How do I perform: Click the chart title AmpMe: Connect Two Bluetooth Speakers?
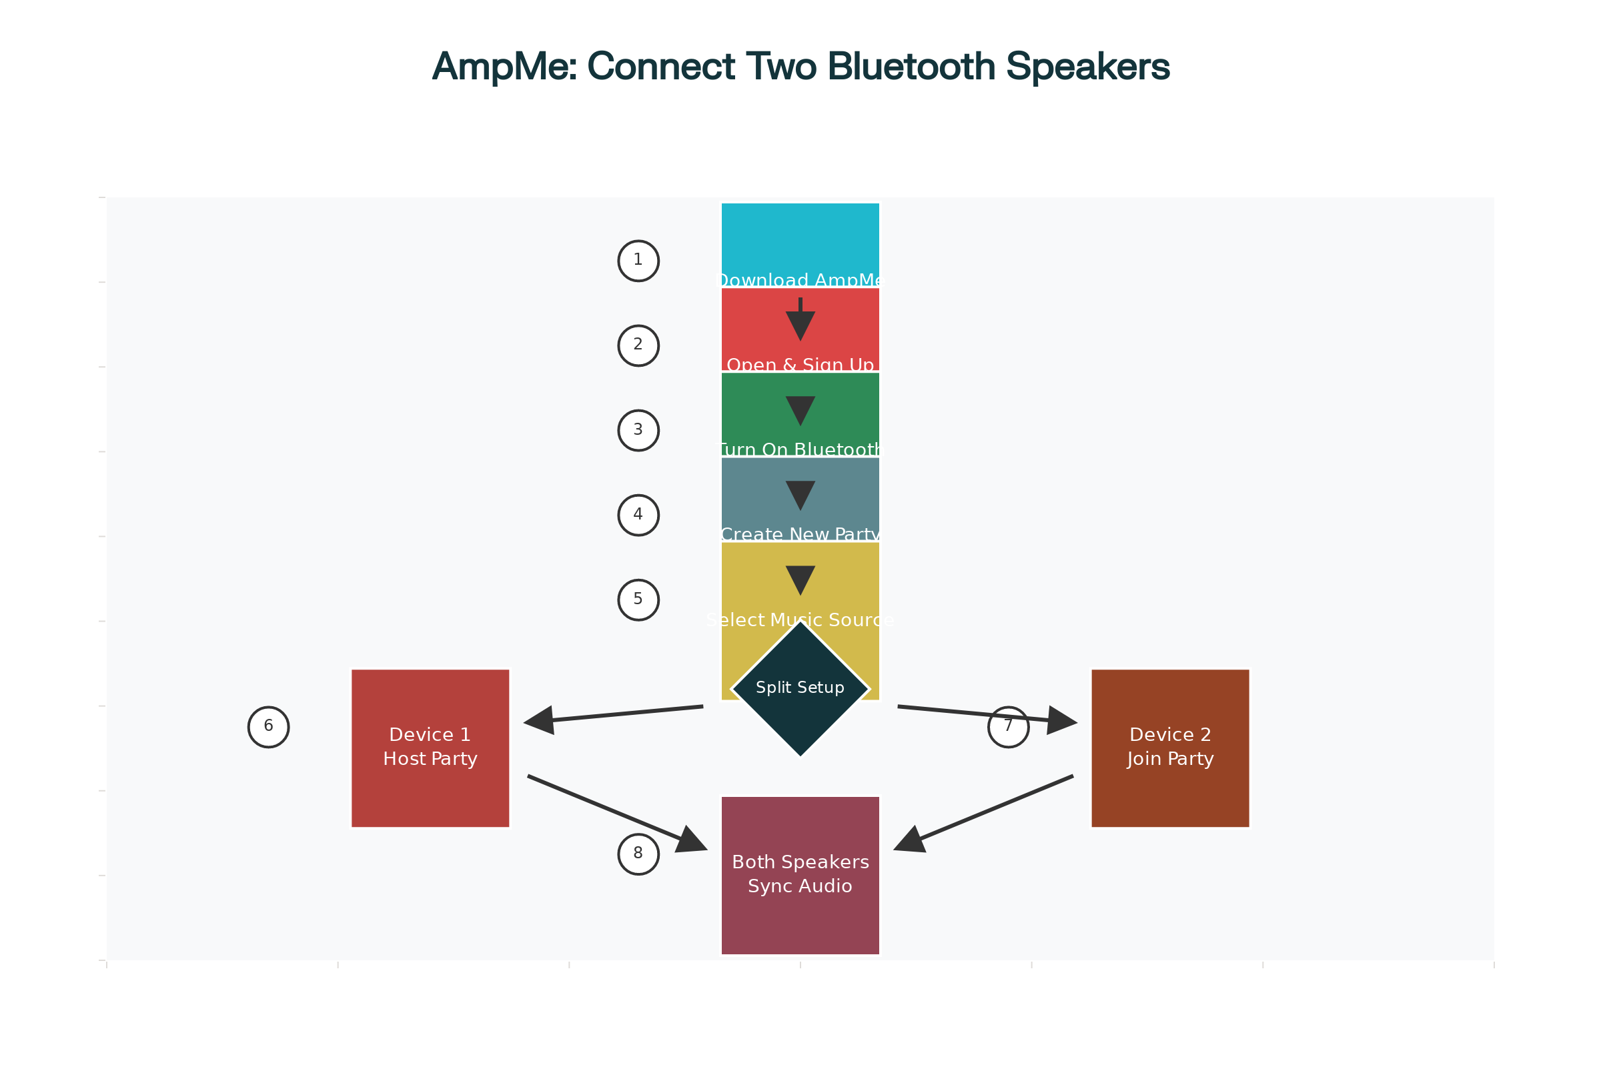(800, 67)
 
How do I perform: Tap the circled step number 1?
(638, 261)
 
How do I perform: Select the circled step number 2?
(638, 345)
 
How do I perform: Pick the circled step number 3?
(638, 430)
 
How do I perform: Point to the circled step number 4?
(638, 515)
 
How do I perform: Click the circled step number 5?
(638, 600)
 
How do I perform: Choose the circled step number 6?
(268, 727)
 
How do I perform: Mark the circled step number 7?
(1008, 727)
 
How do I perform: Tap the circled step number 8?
(638, 854)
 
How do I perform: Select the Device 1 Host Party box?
(430, 748)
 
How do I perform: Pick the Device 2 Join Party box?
(1170, 748)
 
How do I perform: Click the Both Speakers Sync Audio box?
(800, 875)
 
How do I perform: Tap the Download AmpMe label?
(800, 280)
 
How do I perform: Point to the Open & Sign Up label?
(800, 365)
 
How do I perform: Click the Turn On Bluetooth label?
(800, 449)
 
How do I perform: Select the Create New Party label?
(800, 534)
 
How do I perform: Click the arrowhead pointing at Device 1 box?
(539, 720)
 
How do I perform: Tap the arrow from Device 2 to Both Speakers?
(983, 812)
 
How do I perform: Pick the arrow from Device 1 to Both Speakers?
(616, 812)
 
